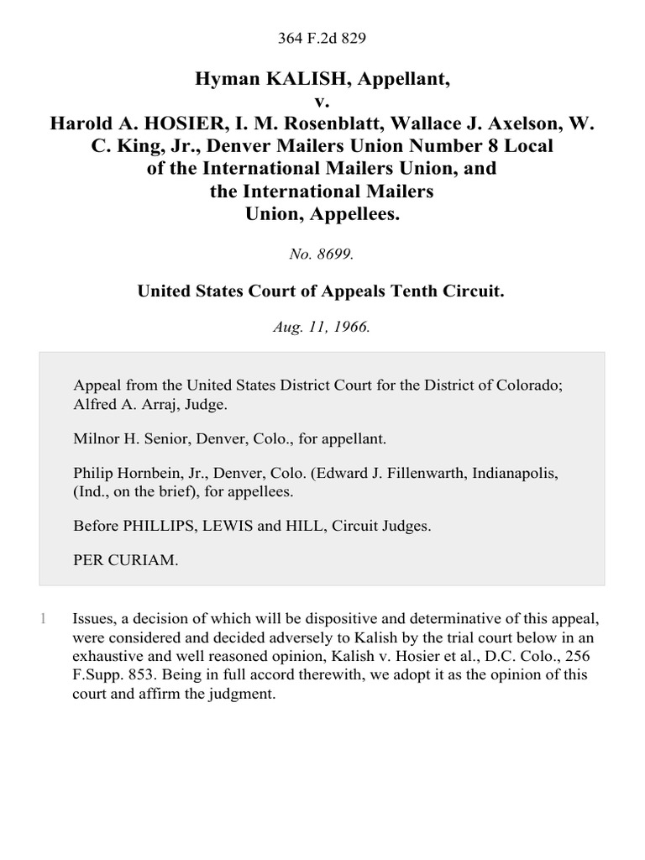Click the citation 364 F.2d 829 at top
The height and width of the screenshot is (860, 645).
pos(322,38)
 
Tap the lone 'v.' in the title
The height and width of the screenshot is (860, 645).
pos(322,102)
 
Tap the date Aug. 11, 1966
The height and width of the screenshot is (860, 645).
pos(322,328)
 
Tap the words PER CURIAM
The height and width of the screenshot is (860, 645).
pos(127,562)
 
